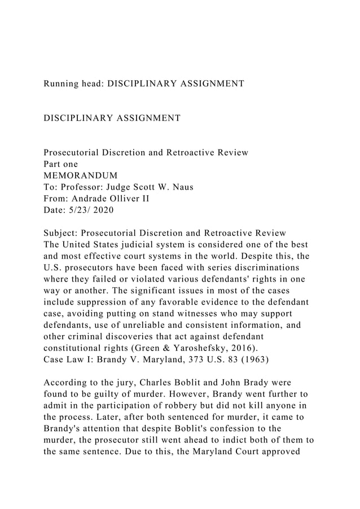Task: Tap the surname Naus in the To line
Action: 181,188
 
